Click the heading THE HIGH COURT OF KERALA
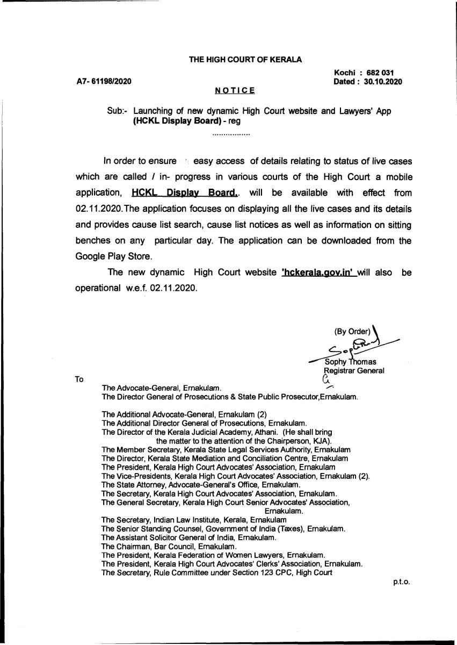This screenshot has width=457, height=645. tap(245, 60)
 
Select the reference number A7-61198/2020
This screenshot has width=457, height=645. tap(104, 82)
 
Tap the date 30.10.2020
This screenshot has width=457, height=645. tap(383, 82)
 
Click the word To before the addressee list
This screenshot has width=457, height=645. tap(79, 379)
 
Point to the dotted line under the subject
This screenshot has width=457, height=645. tap(231, 133)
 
